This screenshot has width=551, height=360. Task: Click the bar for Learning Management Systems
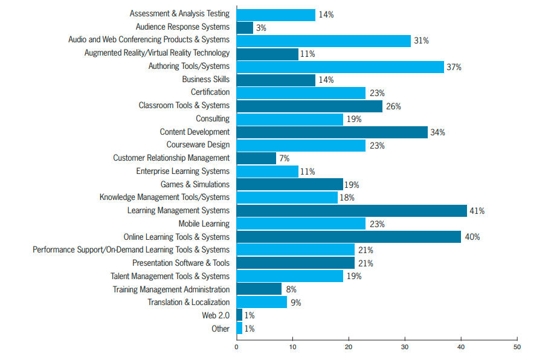[352, 211]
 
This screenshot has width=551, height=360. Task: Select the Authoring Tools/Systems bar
[340, 67]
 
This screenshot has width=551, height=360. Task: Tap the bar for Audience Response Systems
[245, 28]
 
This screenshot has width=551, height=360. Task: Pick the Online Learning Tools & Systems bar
[349, 237]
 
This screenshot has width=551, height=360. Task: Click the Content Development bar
[332, 132]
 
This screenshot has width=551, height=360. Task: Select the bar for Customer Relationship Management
[256, 158]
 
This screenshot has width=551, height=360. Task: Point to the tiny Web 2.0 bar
[239, 315]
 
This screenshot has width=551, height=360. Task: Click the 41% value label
[477, 211]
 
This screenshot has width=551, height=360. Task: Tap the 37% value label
[454, 67]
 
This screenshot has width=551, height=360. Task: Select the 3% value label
[261, 28]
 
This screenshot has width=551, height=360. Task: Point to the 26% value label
[393, 106]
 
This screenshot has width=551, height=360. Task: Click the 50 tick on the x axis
[517, 347]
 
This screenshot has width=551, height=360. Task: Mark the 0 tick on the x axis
[236, 347]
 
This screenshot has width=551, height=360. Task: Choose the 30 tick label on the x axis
[404, 347]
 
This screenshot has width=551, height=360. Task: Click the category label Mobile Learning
[204, 223]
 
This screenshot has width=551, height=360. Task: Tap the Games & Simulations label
[195, 184]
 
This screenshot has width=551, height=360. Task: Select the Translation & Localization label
[188, 302]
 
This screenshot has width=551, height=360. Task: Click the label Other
[221, 329]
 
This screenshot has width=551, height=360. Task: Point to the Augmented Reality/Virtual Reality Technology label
[157, 53]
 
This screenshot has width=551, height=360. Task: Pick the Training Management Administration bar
[259, 289]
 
